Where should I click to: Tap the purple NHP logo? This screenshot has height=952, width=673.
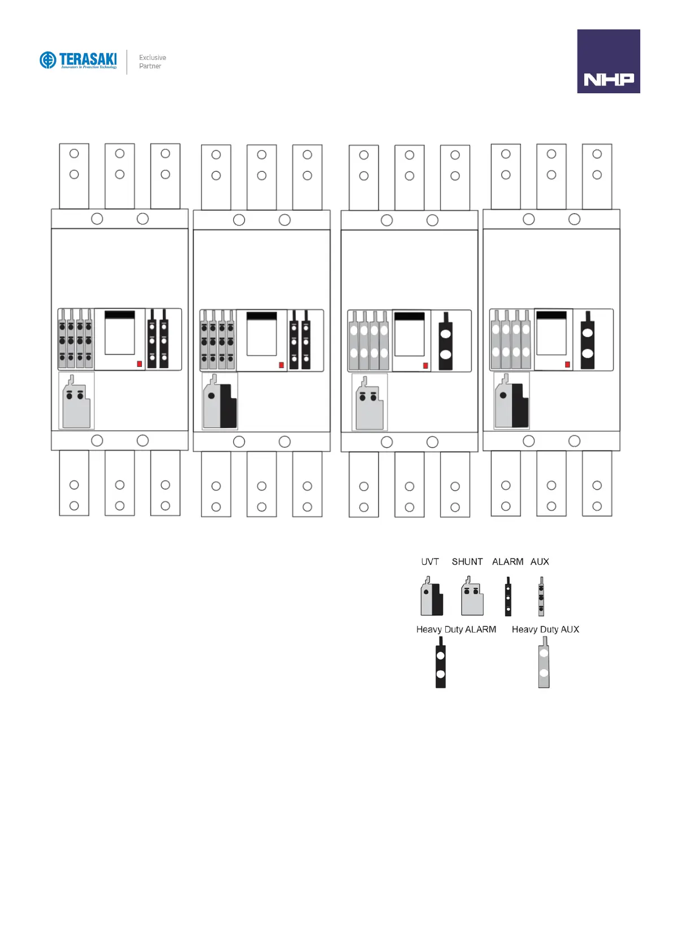tap(608, 61)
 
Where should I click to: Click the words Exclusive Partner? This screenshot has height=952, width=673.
tap(153, 62)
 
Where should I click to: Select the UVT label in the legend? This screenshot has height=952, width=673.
tap(429, 561)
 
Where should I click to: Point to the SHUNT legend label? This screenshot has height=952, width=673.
tap(467, 561)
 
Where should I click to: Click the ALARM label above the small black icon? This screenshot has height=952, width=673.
tap(507, 561)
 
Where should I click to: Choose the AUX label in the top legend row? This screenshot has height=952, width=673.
tap(540, 561)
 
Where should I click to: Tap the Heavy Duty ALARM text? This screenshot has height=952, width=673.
tap(456, 629)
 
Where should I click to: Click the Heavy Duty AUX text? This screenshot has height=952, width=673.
tap(545, 629)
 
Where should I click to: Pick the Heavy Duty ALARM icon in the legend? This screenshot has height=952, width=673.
tap(441, 663)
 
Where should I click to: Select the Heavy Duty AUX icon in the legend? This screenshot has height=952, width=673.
tap(544, 663)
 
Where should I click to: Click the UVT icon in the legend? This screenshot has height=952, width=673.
tap(432, 597)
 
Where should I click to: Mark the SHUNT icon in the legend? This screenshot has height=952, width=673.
tap(472, 597)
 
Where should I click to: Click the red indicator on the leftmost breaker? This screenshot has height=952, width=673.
tap(140, 364)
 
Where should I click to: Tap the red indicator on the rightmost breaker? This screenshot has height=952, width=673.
tap(567, 364)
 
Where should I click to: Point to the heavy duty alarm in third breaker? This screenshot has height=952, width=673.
tap(445, 342)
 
